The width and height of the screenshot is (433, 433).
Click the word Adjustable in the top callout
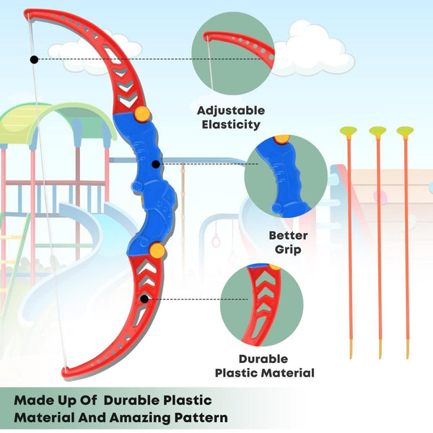(230, 110)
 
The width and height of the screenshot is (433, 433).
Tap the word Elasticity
(230, 124)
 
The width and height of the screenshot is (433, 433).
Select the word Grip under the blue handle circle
(288, 249)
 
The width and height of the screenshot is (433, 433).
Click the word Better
(288, 235)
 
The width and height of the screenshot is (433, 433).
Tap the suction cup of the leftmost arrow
(349, 131)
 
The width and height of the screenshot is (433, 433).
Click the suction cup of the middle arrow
(377, 131)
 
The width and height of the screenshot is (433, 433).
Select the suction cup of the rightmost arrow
(405, 131)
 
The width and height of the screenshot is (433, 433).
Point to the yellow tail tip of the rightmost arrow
(407, 351)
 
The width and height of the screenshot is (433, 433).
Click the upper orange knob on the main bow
(143, 113)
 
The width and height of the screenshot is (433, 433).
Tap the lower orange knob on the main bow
(157, 250)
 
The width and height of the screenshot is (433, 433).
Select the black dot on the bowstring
(33, 58)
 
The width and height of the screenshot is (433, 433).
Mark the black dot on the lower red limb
(144, 298)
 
